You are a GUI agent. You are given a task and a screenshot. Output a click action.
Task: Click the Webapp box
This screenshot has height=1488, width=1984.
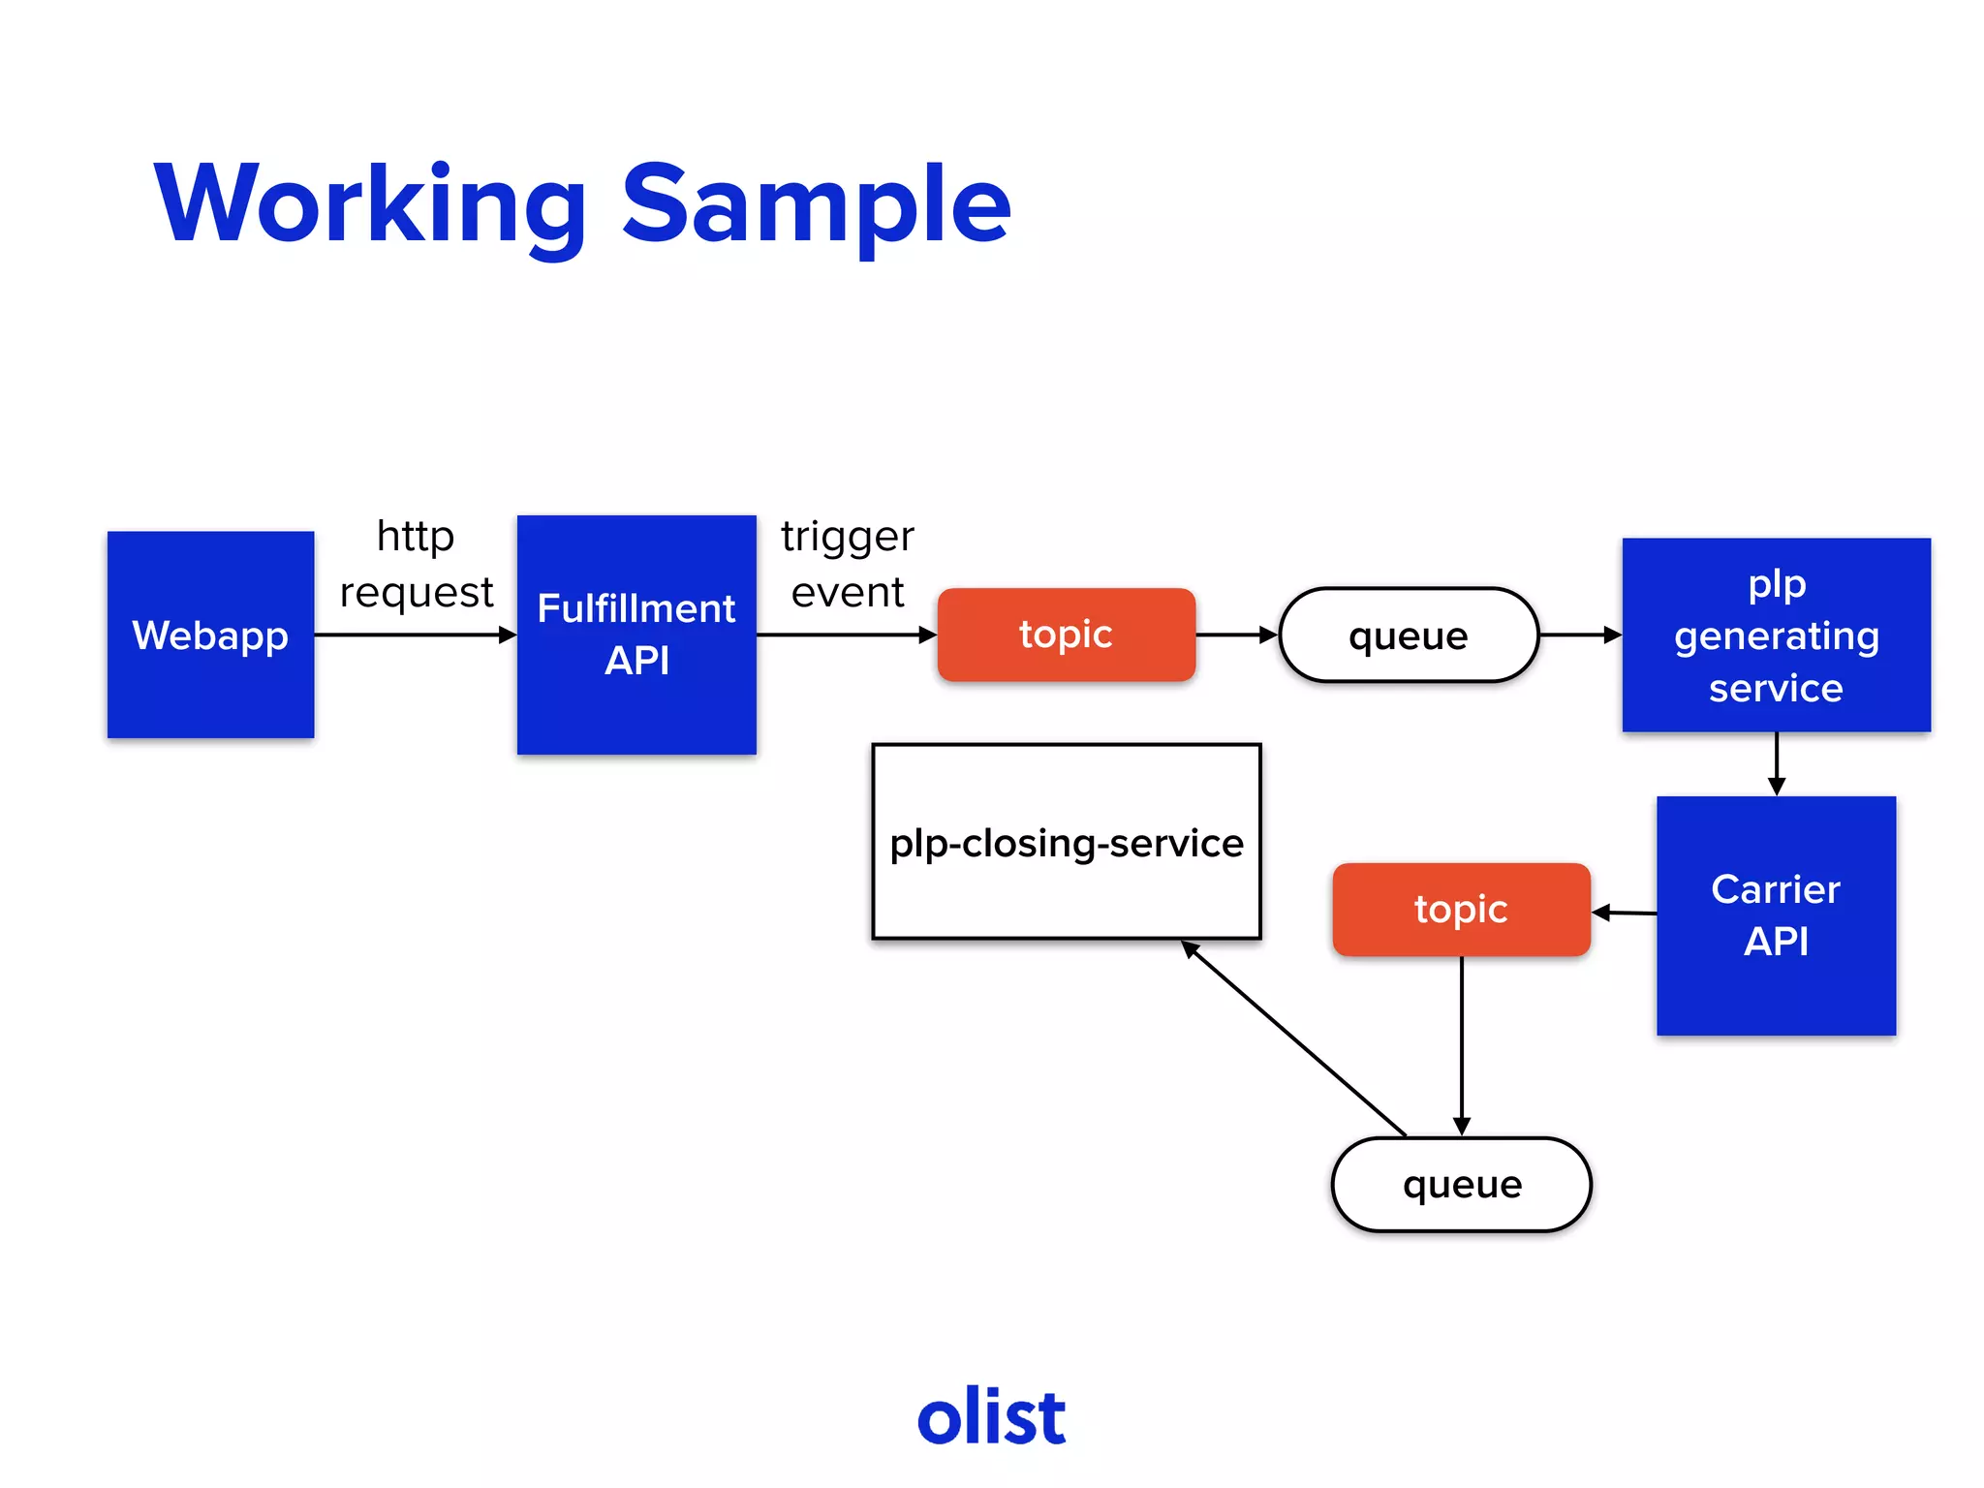210,635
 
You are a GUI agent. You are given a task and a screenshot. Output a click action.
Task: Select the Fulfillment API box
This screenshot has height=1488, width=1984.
636,635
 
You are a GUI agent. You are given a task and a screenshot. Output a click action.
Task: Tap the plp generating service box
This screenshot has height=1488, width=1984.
1776,635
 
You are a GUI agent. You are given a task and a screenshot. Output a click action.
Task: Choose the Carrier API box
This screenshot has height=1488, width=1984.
1776,915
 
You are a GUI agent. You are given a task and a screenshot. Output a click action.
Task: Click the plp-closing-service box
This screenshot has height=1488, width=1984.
1066,842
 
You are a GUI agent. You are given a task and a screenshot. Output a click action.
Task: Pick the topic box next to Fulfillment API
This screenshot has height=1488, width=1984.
1066,635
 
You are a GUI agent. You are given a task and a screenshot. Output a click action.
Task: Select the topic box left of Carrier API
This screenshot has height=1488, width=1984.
1461,910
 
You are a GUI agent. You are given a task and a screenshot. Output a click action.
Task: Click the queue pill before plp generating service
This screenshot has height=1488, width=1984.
1408,635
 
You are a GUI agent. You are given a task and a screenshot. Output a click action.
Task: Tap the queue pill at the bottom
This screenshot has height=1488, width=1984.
1461,1184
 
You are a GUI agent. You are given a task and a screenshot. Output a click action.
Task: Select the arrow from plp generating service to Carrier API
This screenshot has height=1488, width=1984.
1776,763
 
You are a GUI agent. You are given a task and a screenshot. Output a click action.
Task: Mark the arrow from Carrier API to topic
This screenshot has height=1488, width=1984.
1624,913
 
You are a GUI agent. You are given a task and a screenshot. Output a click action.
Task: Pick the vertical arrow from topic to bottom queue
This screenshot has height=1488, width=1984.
1461,1046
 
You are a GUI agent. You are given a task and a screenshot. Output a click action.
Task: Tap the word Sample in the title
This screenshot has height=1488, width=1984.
816,205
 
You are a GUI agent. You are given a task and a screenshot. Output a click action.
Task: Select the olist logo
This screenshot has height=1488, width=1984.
991,1416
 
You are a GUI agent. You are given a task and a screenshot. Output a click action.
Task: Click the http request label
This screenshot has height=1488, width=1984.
416,564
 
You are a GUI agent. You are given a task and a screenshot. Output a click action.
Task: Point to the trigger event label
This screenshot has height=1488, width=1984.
847,564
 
